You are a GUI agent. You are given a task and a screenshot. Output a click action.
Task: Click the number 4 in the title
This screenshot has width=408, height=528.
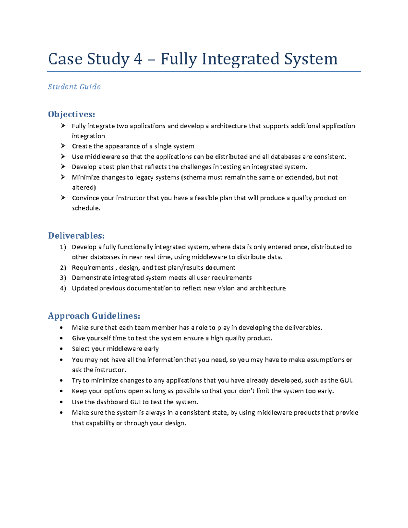138,59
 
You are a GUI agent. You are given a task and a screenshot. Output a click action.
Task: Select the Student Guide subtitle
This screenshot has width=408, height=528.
74,87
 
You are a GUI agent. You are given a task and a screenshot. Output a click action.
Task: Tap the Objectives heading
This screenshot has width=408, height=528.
71,114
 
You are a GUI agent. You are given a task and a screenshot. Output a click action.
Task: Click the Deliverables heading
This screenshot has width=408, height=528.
76,236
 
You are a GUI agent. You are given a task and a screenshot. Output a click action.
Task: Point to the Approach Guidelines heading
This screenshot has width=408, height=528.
94,316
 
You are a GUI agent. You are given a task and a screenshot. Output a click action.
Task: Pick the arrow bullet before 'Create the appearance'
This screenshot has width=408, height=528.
63,146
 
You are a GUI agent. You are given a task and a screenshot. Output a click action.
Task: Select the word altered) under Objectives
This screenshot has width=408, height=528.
84,188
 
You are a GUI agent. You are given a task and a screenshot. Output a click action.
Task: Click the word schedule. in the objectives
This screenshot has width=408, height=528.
86,208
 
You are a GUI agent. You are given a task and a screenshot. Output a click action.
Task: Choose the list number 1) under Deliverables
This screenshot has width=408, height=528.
63,247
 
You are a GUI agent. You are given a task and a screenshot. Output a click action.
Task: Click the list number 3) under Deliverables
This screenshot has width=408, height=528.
63,278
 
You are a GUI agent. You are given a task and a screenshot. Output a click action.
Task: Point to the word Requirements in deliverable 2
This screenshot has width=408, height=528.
92,268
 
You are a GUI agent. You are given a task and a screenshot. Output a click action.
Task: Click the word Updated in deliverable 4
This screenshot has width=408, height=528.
85,288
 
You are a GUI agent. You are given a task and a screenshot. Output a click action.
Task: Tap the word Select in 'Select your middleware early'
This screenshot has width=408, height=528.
80,349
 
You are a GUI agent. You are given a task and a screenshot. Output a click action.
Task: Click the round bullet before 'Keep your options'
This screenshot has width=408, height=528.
61,391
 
